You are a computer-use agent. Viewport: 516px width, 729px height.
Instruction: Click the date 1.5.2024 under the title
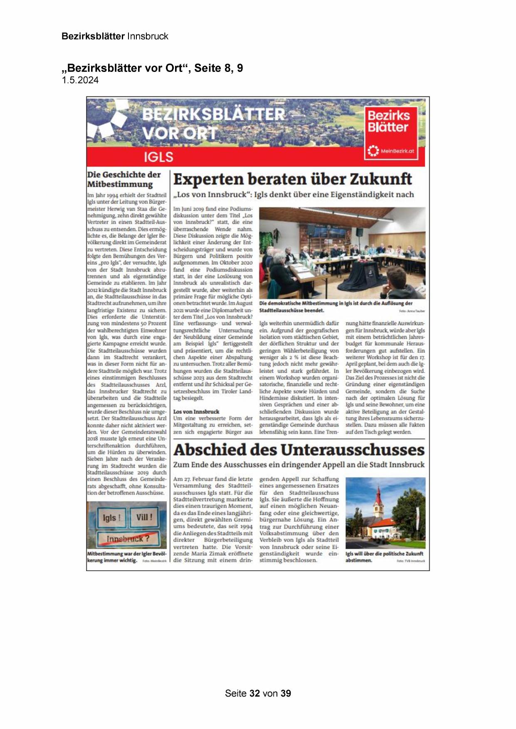coord(80,81)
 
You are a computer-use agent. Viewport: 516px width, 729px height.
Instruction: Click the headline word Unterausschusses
coord(358,450)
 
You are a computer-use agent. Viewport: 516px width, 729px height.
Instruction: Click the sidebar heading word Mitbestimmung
coord(120,184)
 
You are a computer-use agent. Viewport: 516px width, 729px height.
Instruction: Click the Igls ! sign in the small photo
coord(111,518)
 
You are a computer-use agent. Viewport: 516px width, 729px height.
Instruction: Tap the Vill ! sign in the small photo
coord(144,517)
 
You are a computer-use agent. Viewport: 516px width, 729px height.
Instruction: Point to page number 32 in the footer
coord(255,693)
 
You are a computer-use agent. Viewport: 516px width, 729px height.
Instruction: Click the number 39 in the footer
coord(286,693)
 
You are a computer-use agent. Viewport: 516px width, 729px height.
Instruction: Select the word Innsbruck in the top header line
coord(148,36)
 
